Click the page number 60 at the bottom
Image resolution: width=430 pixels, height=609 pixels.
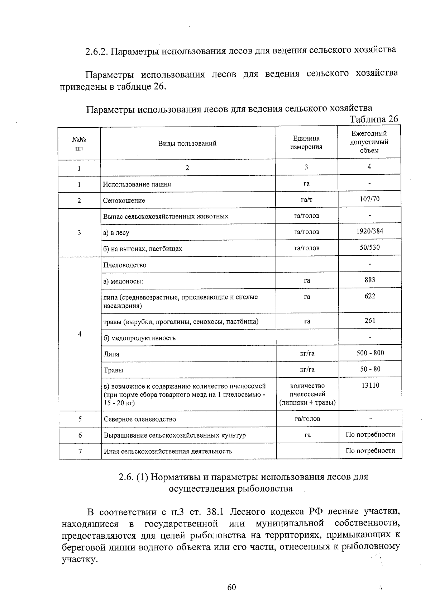[231, 587]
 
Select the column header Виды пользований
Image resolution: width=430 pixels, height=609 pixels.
[187, 143]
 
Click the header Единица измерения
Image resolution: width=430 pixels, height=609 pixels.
[306, 143]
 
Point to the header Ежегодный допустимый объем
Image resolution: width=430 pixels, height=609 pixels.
[369, 142]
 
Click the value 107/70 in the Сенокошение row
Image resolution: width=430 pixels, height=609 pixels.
[369, 199]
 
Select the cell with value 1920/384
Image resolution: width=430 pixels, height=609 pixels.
[369, 231]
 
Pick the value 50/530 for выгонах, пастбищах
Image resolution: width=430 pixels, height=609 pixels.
[369, 247]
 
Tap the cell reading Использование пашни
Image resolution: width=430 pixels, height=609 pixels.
[137, 184]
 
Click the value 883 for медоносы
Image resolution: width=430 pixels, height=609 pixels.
[370, 280]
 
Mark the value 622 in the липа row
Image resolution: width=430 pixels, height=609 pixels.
[370, 296]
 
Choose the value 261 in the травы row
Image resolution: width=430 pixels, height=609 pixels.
[370, 321]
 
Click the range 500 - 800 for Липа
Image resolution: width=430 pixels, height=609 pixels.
[370, 353]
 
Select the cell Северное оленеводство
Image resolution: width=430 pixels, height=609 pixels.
[140, 419]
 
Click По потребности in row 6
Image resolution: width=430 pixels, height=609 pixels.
[370, 435]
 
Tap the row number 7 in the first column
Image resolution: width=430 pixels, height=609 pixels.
[80, 451]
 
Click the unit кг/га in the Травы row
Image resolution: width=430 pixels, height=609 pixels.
[307, 370]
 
